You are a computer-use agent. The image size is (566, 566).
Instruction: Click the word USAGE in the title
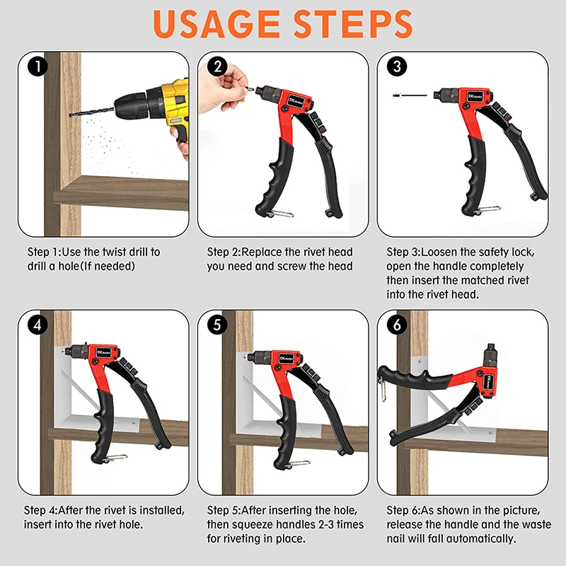point(216,24)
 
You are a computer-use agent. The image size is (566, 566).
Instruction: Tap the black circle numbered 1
point(37,67)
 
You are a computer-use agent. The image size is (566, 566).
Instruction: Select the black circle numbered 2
point(217,67)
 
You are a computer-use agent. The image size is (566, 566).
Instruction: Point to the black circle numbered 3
point(397,67)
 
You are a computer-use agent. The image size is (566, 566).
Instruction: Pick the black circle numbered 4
point(37,325)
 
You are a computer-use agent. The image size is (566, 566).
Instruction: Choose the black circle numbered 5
point(217,325)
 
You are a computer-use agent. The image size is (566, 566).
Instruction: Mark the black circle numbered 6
point(397,325)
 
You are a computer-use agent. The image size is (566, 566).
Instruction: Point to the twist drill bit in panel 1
point(92,111)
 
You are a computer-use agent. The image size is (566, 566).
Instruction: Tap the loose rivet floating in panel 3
point(410,96)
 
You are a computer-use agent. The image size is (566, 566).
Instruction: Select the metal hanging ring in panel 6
point(383,390)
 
